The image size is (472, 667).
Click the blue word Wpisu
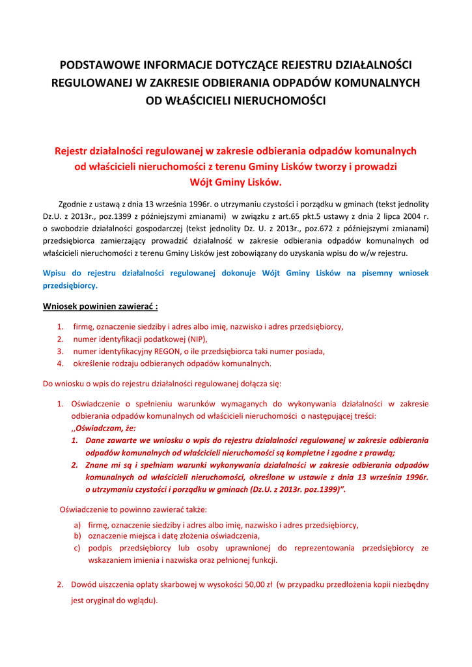click(55, 274)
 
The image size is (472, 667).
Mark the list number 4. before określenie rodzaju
click(59, 363)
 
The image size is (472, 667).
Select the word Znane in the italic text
click(98, 465)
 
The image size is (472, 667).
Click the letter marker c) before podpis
click(77, 548)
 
